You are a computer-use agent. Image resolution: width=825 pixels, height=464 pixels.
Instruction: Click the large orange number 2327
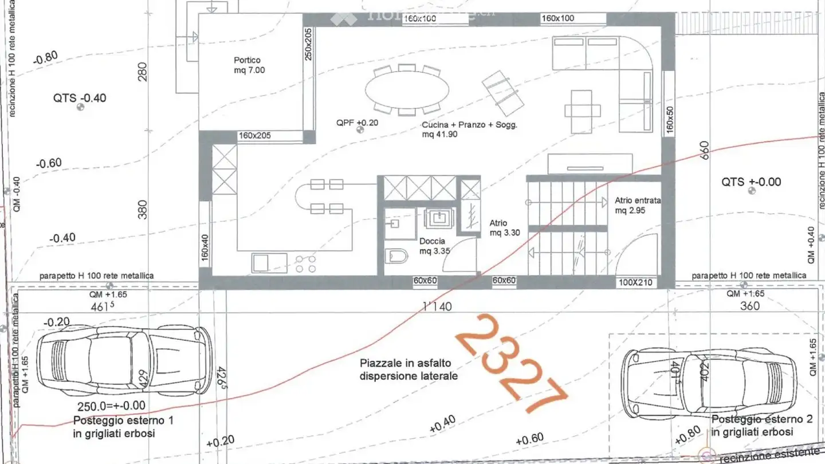click(x=512, y=363)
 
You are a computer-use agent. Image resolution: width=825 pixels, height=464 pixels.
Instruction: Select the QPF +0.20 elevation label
click(x=357, y=123)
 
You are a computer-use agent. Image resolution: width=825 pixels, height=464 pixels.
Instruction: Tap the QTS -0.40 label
click(x=80, y=98)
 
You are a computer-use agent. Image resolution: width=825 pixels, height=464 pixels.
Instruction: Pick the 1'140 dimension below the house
click(x=437, y=306)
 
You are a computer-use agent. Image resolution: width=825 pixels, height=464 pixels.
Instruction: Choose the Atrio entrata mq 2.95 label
click(x=638, y=206)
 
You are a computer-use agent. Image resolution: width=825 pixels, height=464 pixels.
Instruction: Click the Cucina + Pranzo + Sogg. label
click(x=469, y=129)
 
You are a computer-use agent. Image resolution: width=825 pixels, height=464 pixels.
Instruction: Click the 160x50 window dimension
click(x=669, y=118)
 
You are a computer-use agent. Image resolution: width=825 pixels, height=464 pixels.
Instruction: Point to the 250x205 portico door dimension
click(x=308, y=45)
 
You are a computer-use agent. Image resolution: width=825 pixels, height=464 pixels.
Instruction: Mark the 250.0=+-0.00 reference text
click(x=109, y=406)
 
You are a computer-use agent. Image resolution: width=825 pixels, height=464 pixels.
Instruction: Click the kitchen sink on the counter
click(x=262, y=263)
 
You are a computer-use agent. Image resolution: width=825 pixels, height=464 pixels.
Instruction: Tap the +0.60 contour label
click(x=529, y=439)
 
